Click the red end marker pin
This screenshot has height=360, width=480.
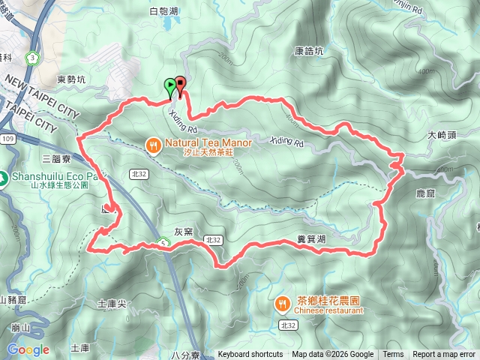click(181, 86)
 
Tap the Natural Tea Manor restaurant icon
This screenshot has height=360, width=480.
click(152, 145)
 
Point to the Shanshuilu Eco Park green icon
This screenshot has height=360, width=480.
click(4, 178)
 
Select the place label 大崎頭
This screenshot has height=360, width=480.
click(442, 136)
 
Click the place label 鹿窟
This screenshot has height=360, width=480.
click(425, 193)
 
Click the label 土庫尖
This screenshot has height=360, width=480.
click(112, 304)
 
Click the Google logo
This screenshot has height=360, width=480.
click(28, 349)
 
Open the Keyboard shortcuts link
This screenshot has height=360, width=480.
click(250, 355)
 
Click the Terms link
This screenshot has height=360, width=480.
click(393, 355)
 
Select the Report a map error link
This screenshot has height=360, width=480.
click(445, 355)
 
